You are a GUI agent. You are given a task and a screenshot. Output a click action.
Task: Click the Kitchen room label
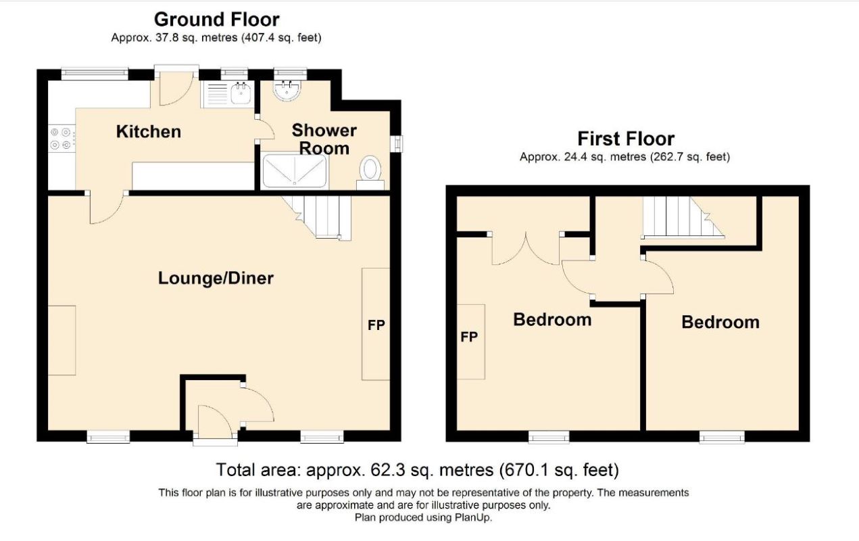[149, 132]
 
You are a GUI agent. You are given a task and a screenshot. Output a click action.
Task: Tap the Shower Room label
[324, 139]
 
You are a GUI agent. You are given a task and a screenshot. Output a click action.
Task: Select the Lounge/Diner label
[216, 278]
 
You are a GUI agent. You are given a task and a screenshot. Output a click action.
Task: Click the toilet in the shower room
[370, 172]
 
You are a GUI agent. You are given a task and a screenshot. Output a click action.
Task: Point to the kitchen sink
[228, 94]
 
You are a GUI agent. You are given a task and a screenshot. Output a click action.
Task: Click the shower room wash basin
[287, 91]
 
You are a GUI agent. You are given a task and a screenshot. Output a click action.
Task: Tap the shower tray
[295, 170]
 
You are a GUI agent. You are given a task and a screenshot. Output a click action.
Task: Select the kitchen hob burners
[61, 139]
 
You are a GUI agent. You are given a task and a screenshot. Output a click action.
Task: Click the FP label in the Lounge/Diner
[376, 325]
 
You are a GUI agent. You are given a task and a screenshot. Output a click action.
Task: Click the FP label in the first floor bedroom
[469, 337]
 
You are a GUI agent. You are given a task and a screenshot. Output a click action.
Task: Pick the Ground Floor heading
[217, 20]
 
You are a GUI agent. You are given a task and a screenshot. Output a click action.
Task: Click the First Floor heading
[626, 139]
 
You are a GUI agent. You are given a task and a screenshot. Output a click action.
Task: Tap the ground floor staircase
[317, 217]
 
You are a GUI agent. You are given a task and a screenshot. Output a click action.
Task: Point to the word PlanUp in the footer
[473, 517]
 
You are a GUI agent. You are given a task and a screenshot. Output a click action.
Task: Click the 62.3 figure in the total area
[388, 469]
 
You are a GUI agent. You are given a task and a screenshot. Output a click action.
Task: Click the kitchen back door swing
[176, 89]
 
